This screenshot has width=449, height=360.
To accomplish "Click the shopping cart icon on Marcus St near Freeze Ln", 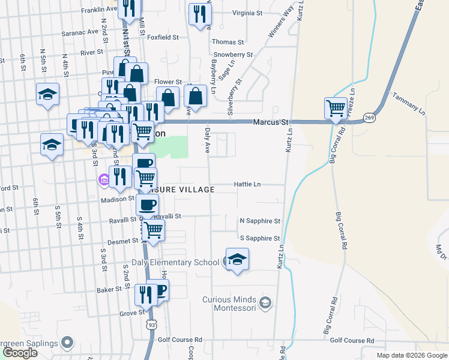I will click(336, 109).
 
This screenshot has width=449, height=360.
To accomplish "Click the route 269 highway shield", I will click(369, 118).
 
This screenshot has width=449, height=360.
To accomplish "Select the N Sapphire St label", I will click(259, 221).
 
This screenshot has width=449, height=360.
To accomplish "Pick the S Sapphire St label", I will click(259, 238).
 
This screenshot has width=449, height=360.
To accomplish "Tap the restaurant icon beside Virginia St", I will click(199, 14).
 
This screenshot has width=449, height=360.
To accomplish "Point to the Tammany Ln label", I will click(408, 103).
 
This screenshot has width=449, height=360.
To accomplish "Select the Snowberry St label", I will click(232, 55).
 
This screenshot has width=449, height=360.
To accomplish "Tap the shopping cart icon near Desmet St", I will click(154, 229).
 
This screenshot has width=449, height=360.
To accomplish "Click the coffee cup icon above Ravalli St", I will click(147, 205).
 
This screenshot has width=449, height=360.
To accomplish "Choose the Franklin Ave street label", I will click(99, 10).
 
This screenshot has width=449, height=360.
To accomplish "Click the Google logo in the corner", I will click(20, 353).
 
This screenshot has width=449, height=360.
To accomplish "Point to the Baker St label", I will click(110, 289).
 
